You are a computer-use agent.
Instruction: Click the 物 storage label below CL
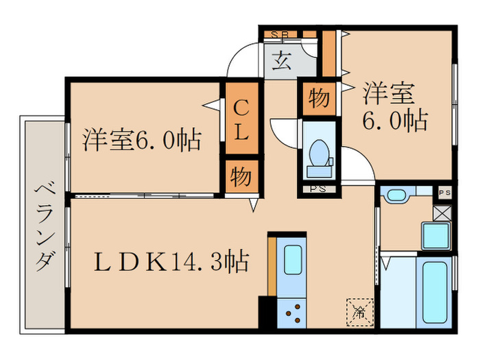point(240,176)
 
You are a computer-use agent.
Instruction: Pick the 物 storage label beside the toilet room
point(318,99)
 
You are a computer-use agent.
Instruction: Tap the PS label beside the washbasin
point(444,192)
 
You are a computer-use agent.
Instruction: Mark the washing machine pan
point(435,235)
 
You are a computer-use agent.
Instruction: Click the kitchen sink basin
point(294,259)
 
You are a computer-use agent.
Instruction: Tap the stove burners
point(294,312)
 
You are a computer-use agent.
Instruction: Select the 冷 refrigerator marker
point(359,311)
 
